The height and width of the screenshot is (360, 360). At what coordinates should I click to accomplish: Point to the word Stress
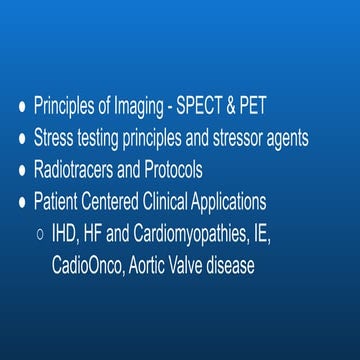click(x=54, y=138)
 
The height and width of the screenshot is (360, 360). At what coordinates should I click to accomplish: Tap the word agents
click(x=310, y=139)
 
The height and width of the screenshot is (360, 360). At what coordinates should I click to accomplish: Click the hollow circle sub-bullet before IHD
click(x=38, y=235)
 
